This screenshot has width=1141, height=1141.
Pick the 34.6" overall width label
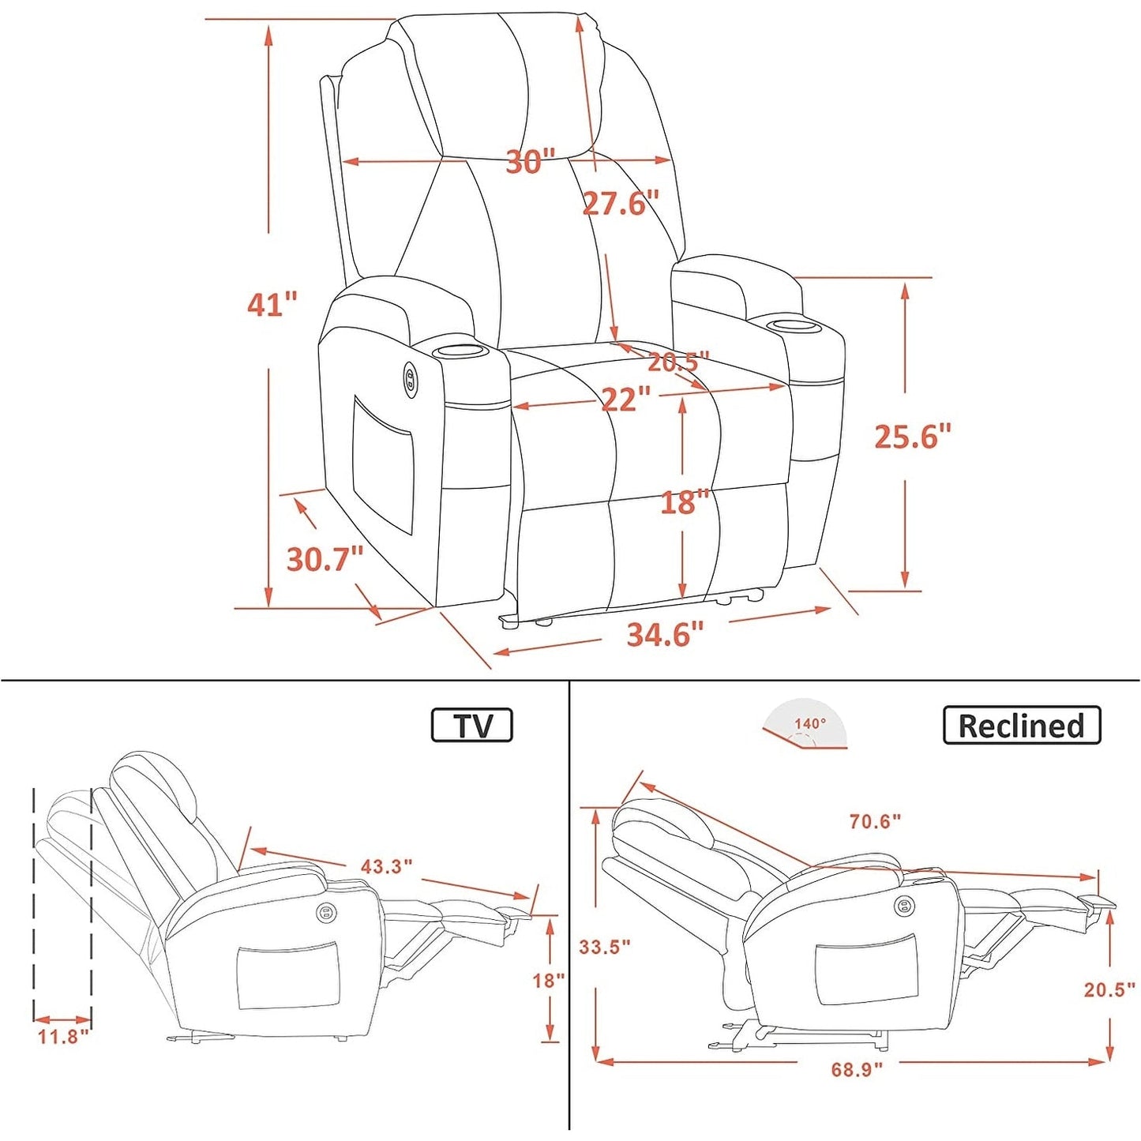[x=666, y=634]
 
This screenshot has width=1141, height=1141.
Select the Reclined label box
[x=1022, y=724]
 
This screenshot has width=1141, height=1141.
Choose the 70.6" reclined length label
[x=876, y=820]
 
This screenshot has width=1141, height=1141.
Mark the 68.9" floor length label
[x=858, y=1102]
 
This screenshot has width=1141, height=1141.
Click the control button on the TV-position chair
[x=325, y=913]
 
